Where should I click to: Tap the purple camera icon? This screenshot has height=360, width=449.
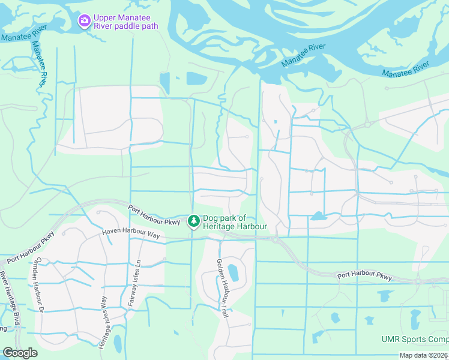coord(85,21)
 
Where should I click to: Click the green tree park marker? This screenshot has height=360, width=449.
coord(193,222)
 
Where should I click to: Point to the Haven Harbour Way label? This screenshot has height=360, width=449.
coord(131,234)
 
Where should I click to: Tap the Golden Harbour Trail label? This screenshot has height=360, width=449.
coord(223,289)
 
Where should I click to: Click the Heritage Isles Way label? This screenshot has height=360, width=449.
coord(104,322)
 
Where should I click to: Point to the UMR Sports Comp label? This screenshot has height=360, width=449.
coord(415,339)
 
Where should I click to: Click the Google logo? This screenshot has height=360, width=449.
coord(20,353)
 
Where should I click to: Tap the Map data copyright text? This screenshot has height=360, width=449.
coord(424,355)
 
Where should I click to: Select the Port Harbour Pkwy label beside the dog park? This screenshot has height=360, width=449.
coord(154,215)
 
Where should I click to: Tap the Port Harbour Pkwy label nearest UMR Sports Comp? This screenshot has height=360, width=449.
coord(364,277)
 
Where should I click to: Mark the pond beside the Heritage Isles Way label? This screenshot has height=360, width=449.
coord(118,343)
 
